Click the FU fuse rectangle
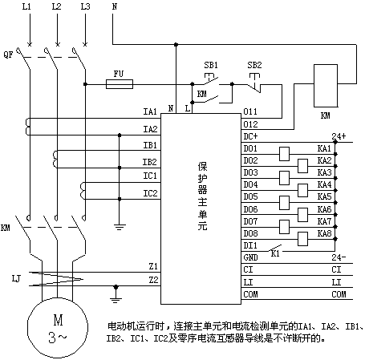[120, 84]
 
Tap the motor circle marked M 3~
[58, 328]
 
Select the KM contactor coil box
[326, 86]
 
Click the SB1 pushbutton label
[211, 65]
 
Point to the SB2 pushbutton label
[254, 65]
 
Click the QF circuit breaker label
[8, 55]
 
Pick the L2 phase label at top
[56, 6]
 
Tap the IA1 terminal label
[150, 111]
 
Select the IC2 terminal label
[150, 193]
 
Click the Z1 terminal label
[153, 266]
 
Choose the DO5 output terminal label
[250, 196]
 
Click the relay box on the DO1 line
[284, 154]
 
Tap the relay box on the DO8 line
[302, 239]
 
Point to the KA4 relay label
[324, 184]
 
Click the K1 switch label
[275, 253]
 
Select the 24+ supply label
[339, 136]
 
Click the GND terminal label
[250, 257]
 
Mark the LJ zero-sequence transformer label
[16, 279]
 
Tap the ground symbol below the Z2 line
[116, 294]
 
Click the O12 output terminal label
[250, 124]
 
